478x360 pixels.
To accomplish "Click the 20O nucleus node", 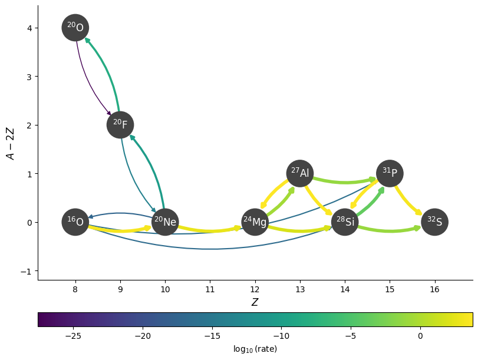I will tap(75, 28).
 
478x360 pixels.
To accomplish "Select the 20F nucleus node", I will tap(120, 125).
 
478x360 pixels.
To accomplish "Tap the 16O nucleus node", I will tap(75, 222).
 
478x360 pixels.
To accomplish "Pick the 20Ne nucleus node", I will tap(165, 222).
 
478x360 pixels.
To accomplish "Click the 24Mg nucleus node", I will tap(255, 222).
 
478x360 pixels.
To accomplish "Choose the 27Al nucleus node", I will tap(300, 173).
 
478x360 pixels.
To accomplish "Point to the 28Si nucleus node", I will tap(345, 222).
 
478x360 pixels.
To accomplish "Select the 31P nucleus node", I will tap(390, 173).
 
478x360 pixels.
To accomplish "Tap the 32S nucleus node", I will tap(435, 222).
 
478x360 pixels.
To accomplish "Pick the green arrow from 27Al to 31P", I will tap(345, 181).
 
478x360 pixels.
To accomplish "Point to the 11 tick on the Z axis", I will tap(210, 289).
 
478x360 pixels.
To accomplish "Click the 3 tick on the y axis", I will tap(28, 77).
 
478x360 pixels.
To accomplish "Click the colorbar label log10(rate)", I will tap(255, 349).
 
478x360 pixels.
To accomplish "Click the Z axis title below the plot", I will tap(255, 302).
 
